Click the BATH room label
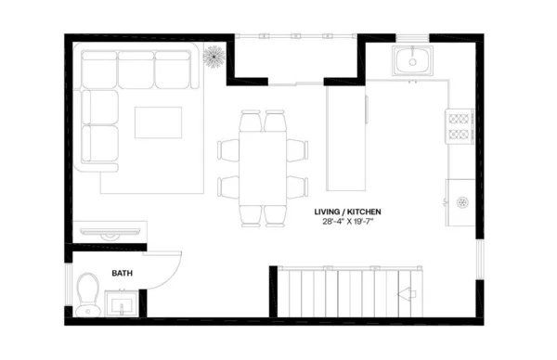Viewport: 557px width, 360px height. [122, 274]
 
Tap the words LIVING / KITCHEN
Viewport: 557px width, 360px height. [347, 212]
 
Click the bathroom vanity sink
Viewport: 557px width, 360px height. [121, 303]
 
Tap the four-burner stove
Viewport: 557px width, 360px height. [460, 127]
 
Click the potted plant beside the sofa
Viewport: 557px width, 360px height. [214, 57]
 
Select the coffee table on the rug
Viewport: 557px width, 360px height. [158, 122]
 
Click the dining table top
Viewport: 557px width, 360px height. [263, 167]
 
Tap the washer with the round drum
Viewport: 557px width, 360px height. [460, 202]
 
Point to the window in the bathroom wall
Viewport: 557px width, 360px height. [68, 288]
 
